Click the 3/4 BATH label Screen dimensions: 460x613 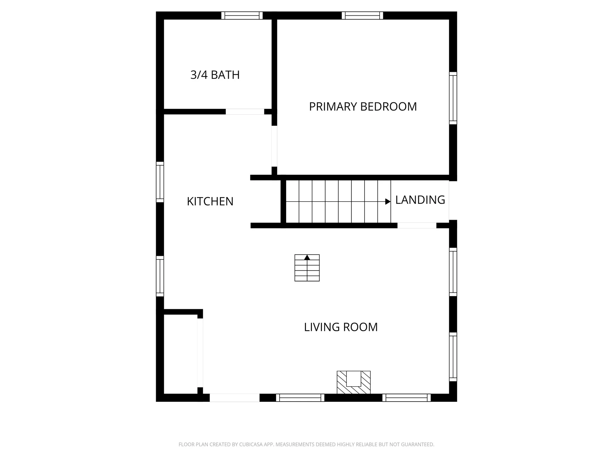(215, 75)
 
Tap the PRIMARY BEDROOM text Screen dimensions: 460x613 (363, 106)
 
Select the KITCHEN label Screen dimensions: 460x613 (210, 201)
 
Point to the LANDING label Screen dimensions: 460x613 (420, 200)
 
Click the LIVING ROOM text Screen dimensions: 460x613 (341, 327)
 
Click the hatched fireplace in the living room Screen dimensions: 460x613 (353, 382)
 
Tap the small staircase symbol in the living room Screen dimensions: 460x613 (307, 268)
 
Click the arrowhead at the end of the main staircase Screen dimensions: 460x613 (388, 202)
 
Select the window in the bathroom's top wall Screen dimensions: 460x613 (242, 15)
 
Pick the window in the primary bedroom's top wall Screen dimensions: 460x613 (362, 15)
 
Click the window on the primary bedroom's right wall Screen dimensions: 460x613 (453, 98)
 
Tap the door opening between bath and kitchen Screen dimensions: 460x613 (245, 111)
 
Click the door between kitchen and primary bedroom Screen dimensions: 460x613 (274, 146)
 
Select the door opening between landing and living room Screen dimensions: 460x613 (417, 225)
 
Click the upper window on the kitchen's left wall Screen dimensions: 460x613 (160, 182)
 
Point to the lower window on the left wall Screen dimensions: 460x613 (160, 276)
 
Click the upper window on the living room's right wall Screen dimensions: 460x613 (453, 272)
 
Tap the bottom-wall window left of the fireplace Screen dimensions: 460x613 (300, 398)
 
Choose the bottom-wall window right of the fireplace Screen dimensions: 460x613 (406, 398)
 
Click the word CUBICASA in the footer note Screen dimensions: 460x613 (250, 444)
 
